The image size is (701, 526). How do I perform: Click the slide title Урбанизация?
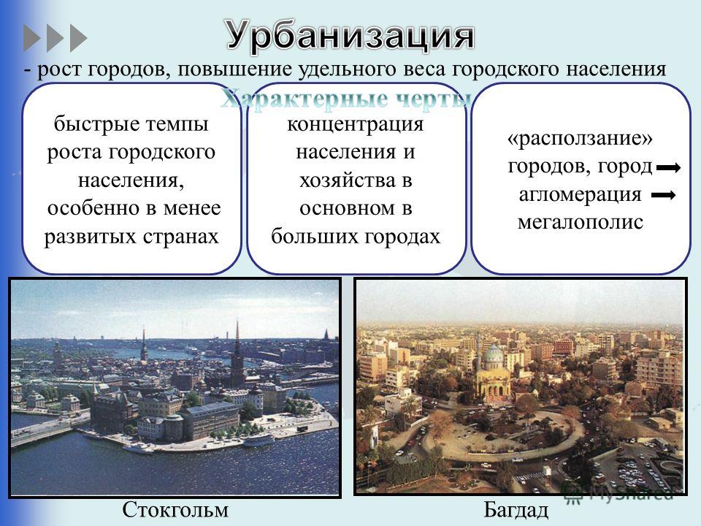(350, 36)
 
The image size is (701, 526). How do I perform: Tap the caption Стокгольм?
(175, 509)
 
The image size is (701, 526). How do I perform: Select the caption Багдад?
(516, 510)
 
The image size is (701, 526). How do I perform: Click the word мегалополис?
(581, 222)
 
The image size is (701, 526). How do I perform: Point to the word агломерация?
(580, 195)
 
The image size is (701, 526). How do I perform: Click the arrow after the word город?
(668, 168)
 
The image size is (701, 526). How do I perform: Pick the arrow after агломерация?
(664, 195)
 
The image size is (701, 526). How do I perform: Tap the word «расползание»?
(580, 139)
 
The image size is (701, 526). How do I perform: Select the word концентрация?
(356, 125)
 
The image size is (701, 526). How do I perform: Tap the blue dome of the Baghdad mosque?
(494, 354)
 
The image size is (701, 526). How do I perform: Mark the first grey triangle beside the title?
(31, 38)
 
